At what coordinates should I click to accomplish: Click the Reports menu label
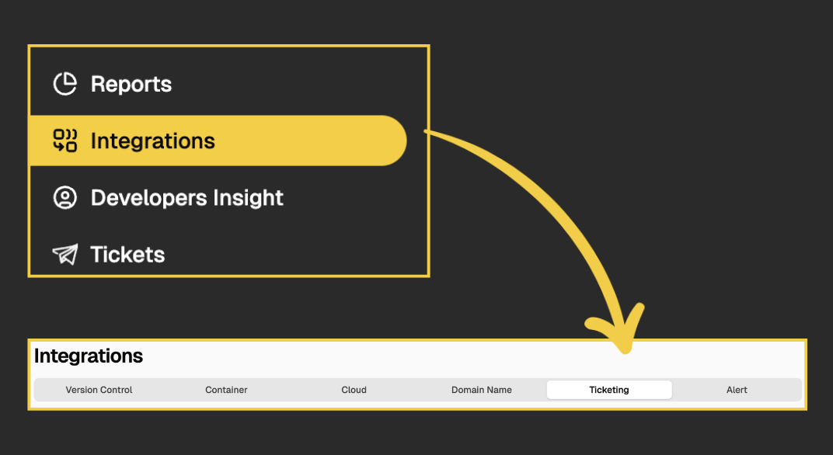coord(131,84)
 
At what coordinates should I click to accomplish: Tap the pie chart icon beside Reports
coord(64,84)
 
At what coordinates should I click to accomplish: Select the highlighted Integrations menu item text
coord(152,141)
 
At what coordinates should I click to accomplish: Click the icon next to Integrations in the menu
coord(64,141)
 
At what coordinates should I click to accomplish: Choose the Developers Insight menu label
coord(186,198)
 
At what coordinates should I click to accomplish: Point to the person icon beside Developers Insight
coord(64,198)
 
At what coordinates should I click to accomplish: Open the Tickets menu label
coord(127,255)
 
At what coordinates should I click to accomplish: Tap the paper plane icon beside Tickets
coord(64,255)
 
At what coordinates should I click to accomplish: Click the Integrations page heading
coord(89,356)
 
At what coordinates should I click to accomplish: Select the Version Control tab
coord(99,390)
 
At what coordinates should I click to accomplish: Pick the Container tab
coord(226,390)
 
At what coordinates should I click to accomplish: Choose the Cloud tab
coord(354,390)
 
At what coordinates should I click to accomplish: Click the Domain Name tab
coord(481,390)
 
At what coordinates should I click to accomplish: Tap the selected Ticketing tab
coord(609,390)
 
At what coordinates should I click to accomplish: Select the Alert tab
coord(737,390)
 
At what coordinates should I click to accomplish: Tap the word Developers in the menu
coord(144,198)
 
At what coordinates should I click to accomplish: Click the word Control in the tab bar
coord(117,390)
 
